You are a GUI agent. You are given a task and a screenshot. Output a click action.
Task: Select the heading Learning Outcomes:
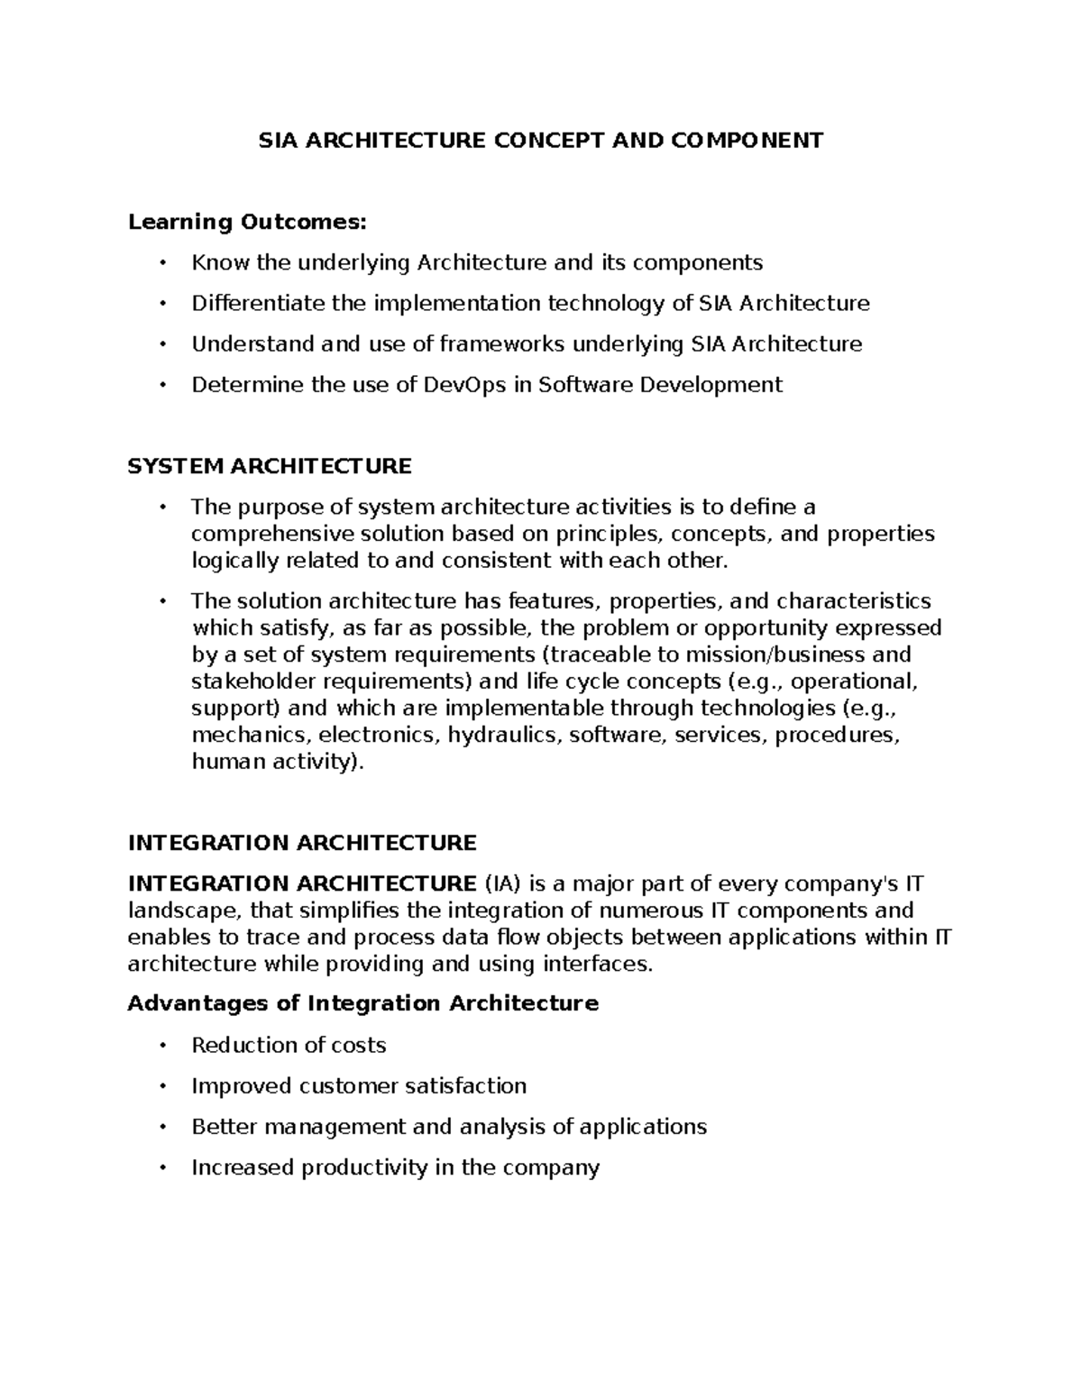[x=248, y=222]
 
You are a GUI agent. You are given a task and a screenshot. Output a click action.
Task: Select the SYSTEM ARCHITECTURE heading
[x=270, y=466]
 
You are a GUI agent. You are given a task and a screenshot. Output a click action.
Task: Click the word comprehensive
[x=272, y=534]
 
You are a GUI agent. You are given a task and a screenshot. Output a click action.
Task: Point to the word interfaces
[x=596, y=964]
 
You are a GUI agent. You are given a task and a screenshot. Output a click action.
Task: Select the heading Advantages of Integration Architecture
[x=363, y=1003]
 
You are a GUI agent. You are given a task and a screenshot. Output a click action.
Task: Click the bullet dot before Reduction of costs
[x=162, y=1046]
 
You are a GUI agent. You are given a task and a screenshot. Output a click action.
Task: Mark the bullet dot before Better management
[x=162, y=1127]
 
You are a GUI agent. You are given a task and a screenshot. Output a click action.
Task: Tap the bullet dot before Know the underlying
[x=162, y=262]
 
